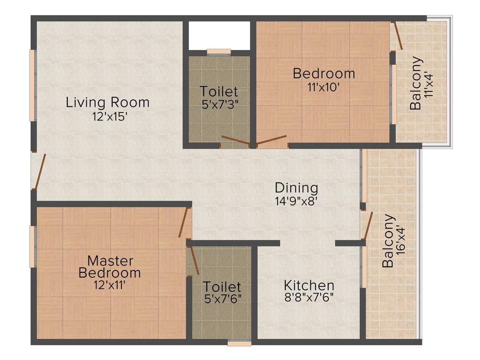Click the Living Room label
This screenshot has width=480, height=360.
[x=107, y=102]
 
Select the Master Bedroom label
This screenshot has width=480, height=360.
[x=110, y=266]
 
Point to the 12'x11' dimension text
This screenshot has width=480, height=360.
[x=110, y=284]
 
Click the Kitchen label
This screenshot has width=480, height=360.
[x=309, y=285]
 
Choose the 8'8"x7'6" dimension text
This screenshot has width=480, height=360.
[x=309, y=297]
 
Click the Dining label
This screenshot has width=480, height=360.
[x=296, y=188]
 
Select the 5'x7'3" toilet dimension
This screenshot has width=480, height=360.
[x=219, y=104]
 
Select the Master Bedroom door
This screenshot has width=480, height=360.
[x=184, y=222]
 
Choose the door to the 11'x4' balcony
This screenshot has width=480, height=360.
[x=398, y=36]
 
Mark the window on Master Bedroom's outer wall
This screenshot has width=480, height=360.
[x=32, y=247]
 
